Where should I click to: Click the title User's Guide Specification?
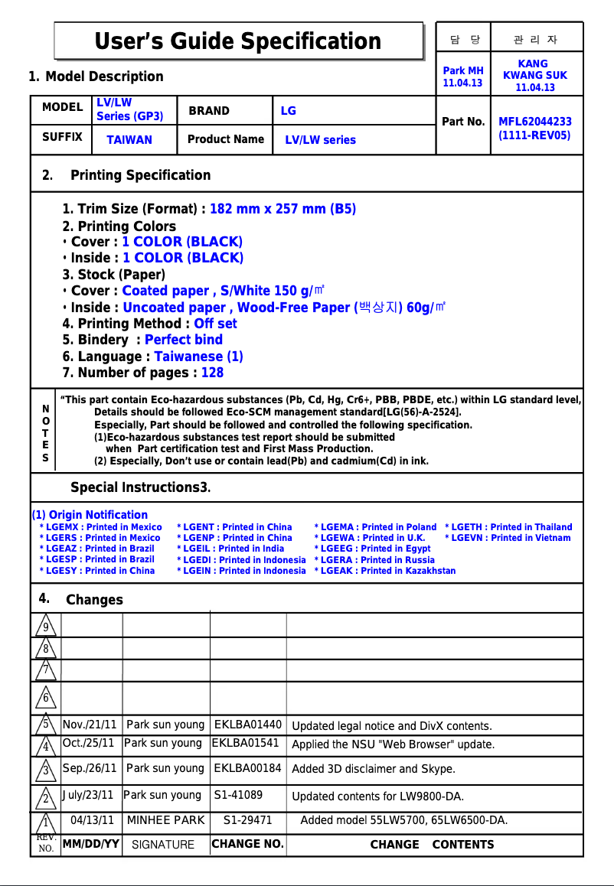point(237,41)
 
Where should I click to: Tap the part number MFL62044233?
point(534,122)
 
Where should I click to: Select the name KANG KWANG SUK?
point(534,75)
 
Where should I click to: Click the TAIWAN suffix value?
point(129,140)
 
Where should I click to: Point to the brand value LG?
point(288,111)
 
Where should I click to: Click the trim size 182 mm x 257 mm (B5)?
point(283,209)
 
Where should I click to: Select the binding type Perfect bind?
point(183,340)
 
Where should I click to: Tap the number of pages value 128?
point(212,373)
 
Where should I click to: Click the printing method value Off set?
point(215,324)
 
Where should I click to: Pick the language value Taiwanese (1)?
point(198,357)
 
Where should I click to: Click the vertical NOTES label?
point(45,434)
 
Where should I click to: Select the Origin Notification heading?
point(90,515)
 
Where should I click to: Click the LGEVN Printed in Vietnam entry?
point(508,538)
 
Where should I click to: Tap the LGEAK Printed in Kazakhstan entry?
point(384,571)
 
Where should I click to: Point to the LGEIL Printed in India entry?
point(230,549)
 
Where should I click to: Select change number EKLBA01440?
point(247,725)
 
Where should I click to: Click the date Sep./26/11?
point(90,768)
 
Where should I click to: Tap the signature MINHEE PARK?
point(165,820)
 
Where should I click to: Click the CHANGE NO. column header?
point(247,844)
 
